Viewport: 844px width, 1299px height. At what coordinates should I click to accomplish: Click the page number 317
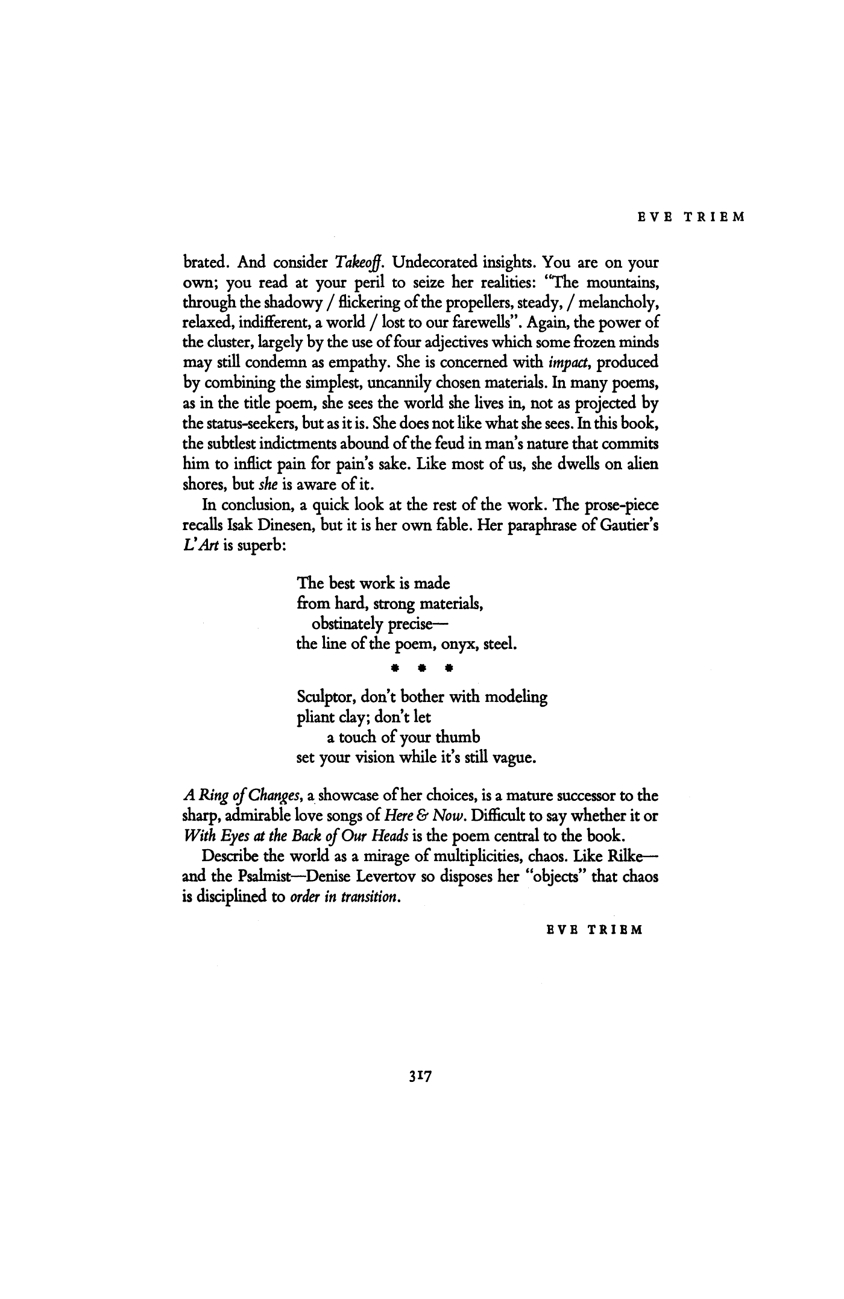(x=421, y=1075)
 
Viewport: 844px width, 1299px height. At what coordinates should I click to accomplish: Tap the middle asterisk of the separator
(x=423, y=669)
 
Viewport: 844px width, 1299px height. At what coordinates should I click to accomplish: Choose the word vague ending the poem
(x=514, y=757)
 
